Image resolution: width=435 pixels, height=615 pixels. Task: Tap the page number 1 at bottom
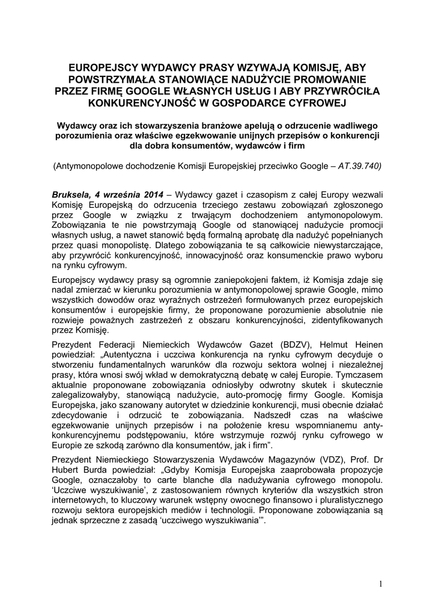click(x=380, y=583)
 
